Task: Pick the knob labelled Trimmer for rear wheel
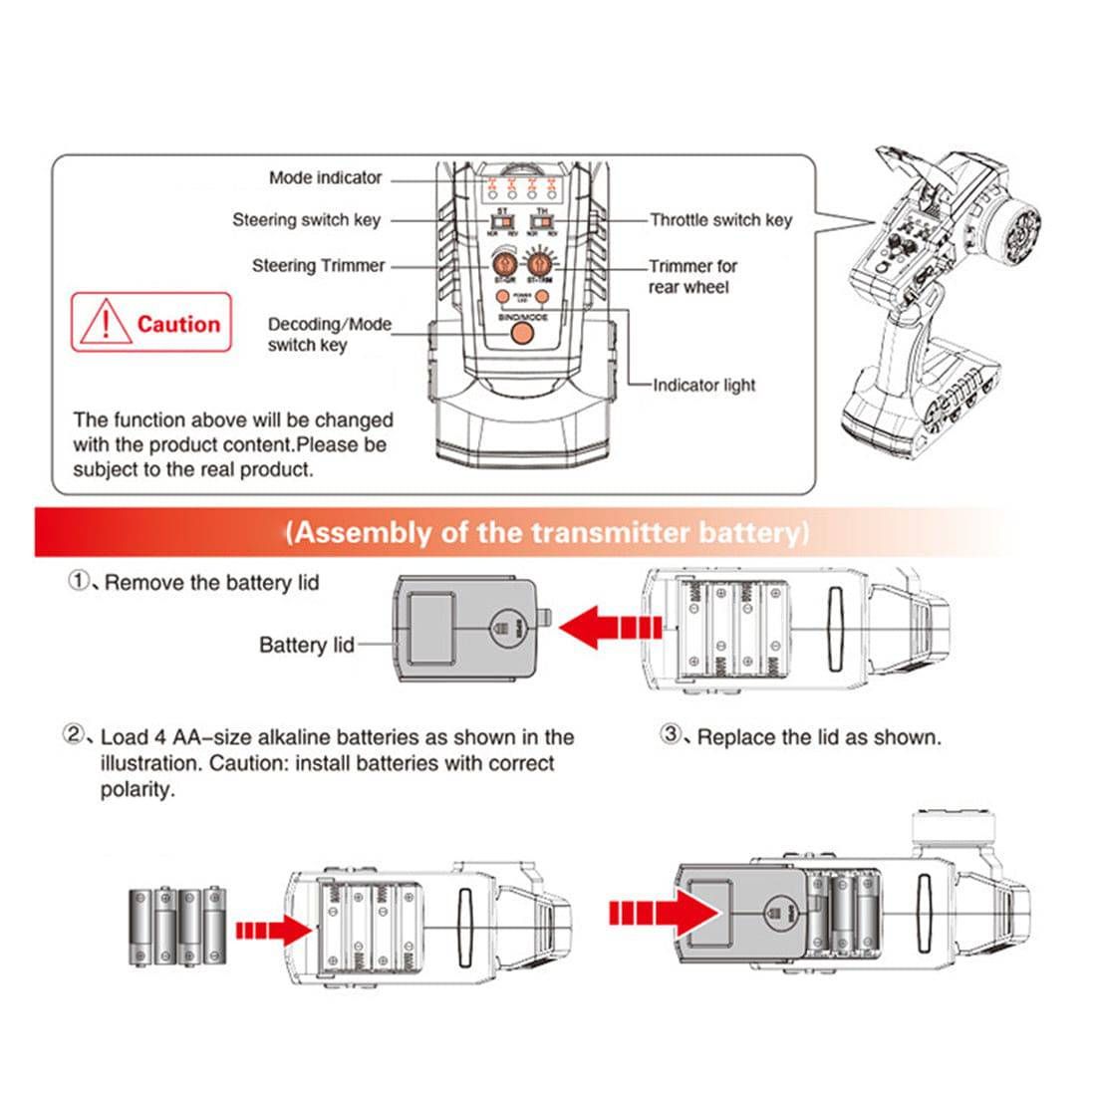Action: pyautogui.click(x=539, y=264)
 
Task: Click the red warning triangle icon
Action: pyautogui.click(x=103, y=323)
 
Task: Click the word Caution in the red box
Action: pyautogui.click(x=178, y=324)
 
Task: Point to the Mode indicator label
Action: pyautogui.click(x=325, y=177)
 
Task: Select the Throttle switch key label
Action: pyautogui.click(x=720, y=220)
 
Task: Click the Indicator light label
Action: pyautogui.click(x=703, y=385)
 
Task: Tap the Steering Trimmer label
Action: pyautogui.click(x=318, y=266)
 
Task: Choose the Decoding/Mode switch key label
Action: pyautogui.click(x=329, y=335)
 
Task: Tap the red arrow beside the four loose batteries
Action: pyautogui.click(x=274, y=930)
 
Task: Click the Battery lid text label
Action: pyautogui.click(x=306, y=645)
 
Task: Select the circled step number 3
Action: pyautogui.click(x=673, y=735)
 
